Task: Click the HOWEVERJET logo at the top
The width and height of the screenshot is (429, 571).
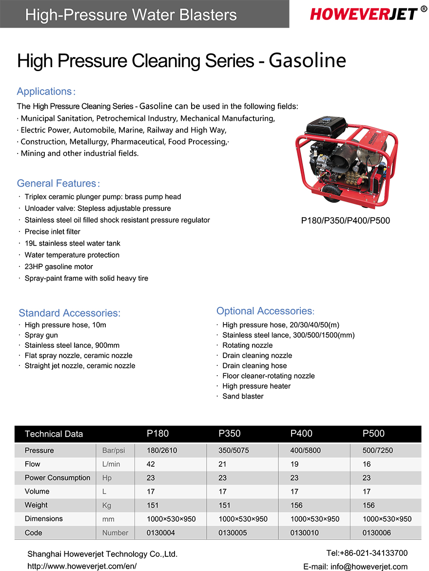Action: click(363, 14)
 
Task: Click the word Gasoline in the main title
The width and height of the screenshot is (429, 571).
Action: click(307, 61)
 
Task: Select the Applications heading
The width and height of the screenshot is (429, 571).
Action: click(45, 92)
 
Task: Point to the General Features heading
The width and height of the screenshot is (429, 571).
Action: click(57, 184)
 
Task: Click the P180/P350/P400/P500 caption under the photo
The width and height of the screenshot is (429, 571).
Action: click(346, 221)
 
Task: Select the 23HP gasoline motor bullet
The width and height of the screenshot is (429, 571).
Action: click(58, 266)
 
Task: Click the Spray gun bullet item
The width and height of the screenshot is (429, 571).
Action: click(41, 335)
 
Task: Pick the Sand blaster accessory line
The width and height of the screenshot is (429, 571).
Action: click(243, 396)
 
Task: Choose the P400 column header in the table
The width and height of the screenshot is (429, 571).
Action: click(301, 434)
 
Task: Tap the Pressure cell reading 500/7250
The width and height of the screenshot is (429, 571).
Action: click(377, 450)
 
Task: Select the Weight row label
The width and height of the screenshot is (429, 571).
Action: click(36, 505)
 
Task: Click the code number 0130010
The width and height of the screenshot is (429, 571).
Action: click(305, 533)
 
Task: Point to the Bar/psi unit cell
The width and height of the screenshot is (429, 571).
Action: click(114, 450)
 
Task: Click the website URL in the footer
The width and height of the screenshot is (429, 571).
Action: click(82, 566)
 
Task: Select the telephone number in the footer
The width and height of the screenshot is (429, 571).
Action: click(367, 553)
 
